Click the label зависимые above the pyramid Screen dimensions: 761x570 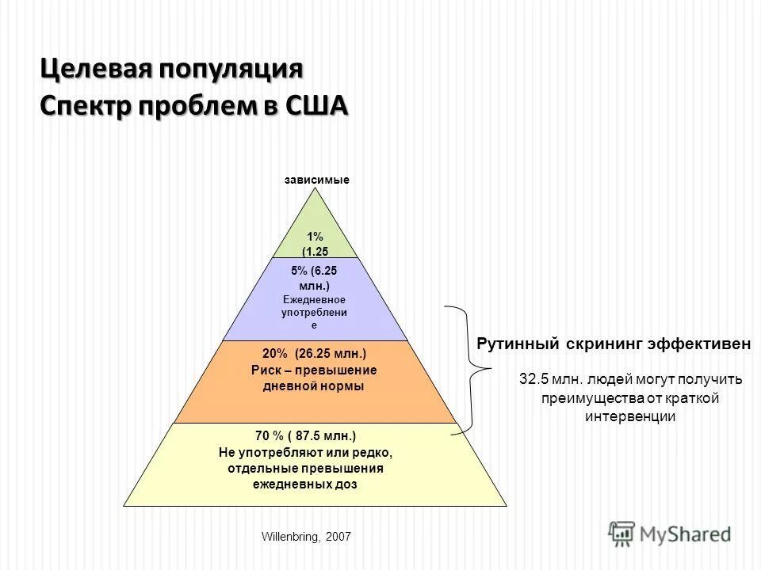click(x=316, y=180)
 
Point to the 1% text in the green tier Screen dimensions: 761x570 click(x=315, y=237)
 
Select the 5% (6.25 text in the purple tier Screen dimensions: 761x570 click(x=315, y=270)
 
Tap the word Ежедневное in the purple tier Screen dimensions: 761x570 click(x=315, y=299)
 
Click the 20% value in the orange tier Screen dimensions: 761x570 click(x=277, y=354)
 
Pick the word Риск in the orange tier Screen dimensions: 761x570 click(x=265, y=370)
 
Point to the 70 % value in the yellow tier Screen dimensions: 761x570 click(x=270, y=436)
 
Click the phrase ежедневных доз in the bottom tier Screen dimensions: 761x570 click(x=305, y=484)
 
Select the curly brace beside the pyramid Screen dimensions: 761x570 click(x=468, y=369)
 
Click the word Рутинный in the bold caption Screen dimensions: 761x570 click(x=518, y=344)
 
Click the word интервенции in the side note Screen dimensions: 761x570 click(x=630, y=416)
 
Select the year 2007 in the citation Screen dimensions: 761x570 click(x=337, y=537)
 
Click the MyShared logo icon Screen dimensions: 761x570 click(x=621, y=533)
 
